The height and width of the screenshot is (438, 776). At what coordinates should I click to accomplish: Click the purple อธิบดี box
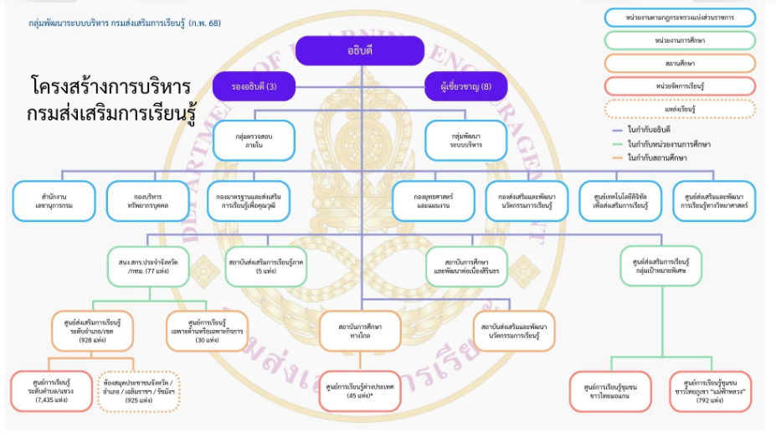point(360,51)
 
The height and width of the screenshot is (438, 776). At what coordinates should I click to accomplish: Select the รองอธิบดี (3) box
point(254,86)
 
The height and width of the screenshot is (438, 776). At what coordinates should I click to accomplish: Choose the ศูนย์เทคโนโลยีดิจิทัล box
point(620,201)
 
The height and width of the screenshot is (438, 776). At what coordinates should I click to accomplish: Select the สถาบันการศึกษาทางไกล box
point(361,331)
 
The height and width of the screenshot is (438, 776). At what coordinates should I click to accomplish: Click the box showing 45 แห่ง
point(361,391)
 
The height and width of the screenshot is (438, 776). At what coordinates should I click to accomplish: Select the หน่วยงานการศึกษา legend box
point(679,40)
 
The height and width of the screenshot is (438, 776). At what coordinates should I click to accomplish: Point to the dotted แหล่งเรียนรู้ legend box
point(679,109)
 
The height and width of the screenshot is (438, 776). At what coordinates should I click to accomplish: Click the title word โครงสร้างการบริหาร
point(110,87)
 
